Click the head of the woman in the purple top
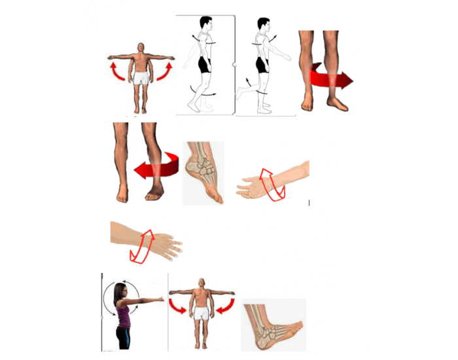[x=120, y=291]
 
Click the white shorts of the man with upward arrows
[x=141, y=79]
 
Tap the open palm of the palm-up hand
[x=252, y=190]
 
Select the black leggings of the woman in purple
[x=124, y=336]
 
